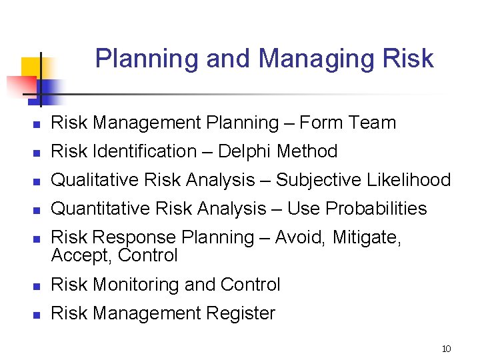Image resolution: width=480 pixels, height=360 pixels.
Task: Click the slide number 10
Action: coord(446,349)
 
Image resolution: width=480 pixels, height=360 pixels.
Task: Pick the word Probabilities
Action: coord(376,209)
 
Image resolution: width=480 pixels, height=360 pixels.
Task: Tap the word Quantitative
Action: coord(101,209)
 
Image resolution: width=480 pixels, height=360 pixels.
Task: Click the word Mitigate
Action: coord(371,237)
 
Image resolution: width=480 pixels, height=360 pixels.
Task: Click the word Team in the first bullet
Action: coord(373,123)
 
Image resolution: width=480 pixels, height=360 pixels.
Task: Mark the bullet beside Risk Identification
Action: coord(39,153)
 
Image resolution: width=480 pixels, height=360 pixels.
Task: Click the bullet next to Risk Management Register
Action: coord(39,315)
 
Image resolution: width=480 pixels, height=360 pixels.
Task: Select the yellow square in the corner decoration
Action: coord(31,68)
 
